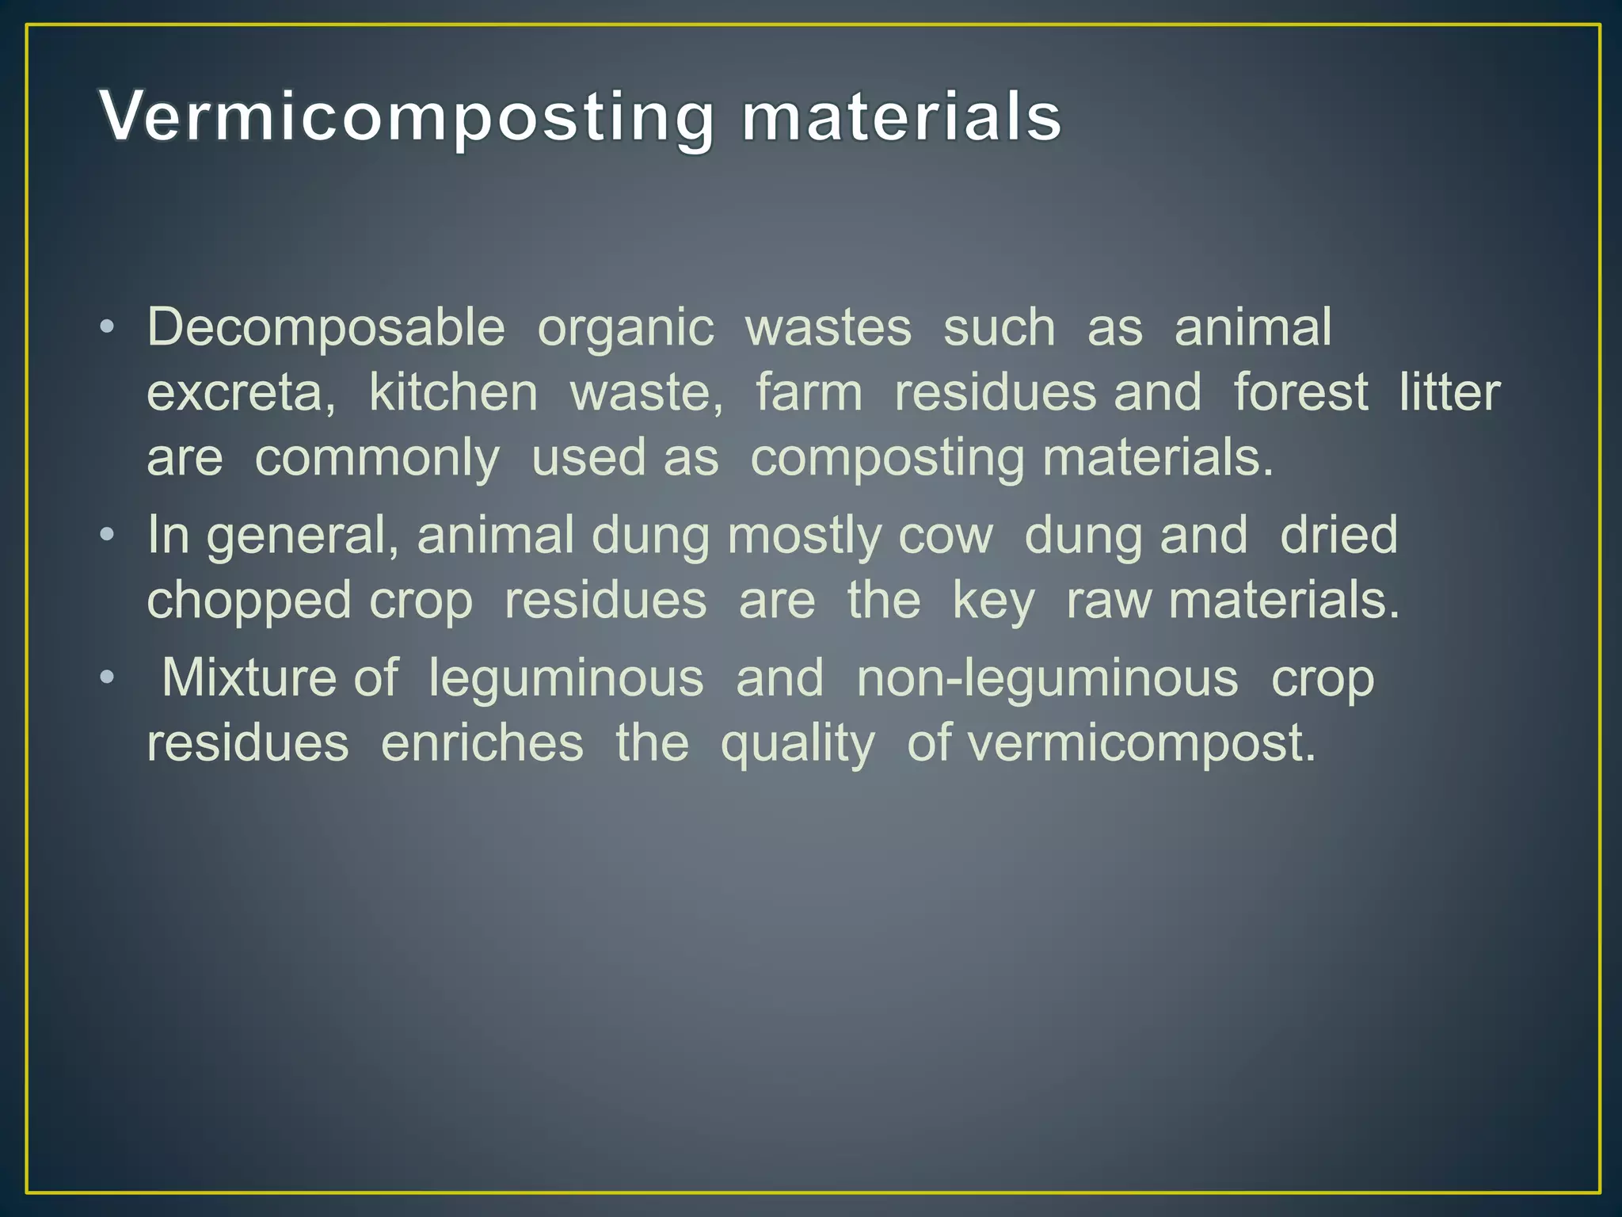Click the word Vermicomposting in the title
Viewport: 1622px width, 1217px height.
point(407,117)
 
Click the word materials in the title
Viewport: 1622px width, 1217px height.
point(901,117)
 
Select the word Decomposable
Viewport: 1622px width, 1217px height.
point(326,328)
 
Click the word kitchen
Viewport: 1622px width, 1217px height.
point(453,392)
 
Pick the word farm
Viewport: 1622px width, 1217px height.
point(809,392)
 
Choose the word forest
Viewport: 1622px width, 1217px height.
point(1300,392)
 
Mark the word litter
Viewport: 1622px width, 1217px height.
point(1449,392)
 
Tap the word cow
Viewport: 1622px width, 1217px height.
point(945,536)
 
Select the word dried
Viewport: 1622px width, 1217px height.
point(1338,535)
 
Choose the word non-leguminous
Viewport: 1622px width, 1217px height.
point(1047,679)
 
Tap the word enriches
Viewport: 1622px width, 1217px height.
point(482,743)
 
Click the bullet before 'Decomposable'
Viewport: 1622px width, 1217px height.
point(108,327)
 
